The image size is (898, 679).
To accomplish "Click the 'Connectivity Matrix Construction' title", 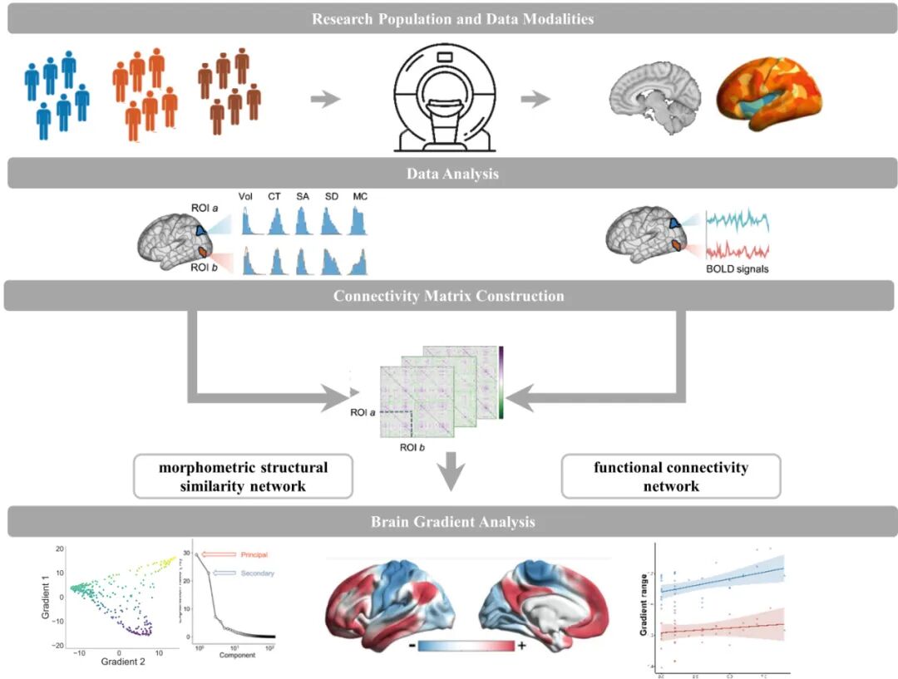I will point(449,296).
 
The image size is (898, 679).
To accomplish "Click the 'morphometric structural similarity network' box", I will point(244,476).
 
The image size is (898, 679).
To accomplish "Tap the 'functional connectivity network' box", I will point(671,476).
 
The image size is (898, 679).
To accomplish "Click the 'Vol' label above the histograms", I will point(245,197).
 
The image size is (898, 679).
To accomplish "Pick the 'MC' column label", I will point(359,197).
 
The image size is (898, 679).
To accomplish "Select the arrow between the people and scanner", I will point(325,99).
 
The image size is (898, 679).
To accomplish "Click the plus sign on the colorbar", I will point(521,647).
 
